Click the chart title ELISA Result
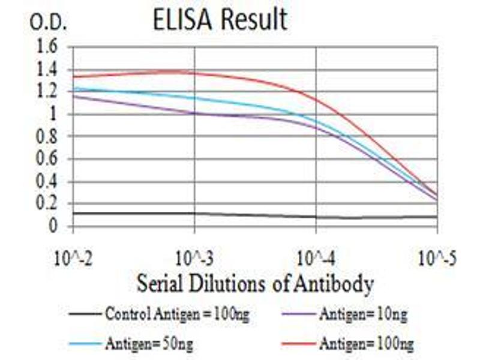tap(220, 20)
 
